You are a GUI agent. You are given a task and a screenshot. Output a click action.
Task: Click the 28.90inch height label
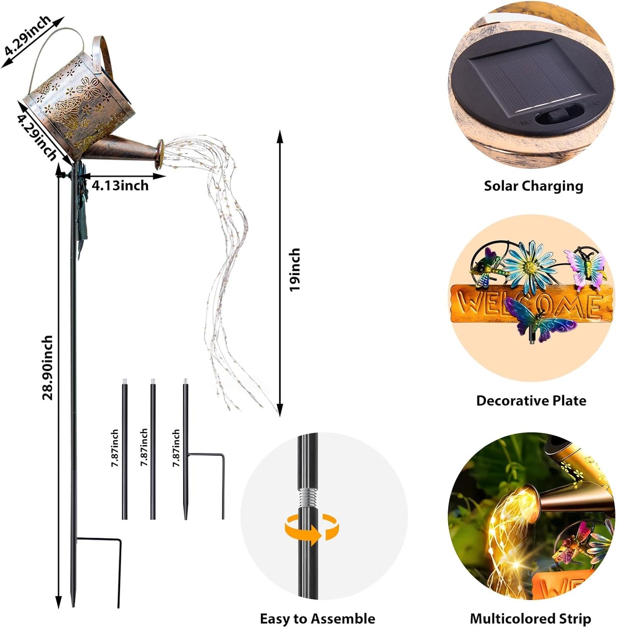coord(47,367)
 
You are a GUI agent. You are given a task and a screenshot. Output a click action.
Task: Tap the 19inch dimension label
coord(295,270)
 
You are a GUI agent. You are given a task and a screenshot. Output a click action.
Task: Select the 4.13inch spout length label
coord(120,185)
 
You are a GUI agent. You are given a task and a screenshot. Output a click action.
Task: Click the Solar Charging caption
coord(533,186)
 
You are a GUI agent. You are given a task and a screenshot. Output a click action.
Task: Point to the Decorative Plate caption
coord(531,401)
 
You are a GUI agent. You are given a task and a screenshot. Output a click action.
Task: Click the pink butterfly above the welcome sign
coord(585,269)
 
